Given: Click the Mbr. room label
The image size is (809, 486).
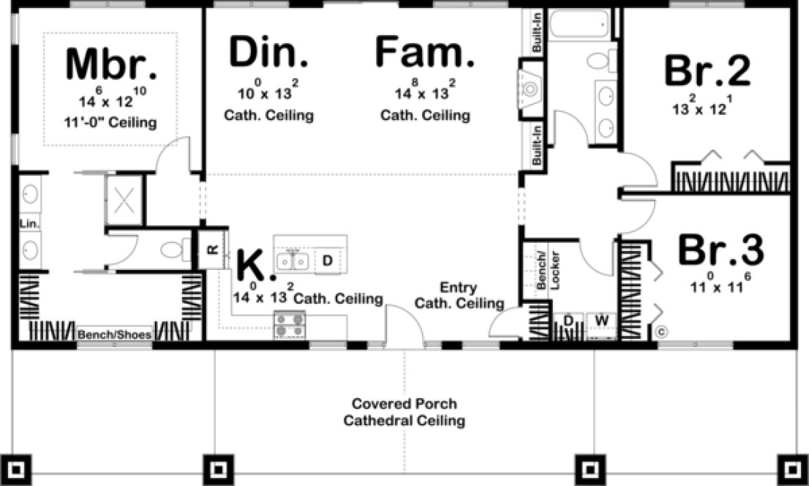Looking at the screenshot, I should click(111, 64).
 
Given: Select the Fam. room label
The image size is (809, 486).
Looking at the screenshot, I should click(424, 53).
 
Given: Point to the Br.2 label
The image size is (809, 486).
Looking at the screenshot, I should click(707, 71).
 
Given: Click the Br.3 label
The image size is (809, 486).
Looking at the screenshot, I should click(720, 250).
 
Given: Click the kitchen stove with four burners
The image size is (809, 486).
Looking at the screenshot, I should click(290, 325).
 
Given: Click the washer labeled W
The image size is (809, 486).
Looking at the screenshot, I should click(601, 320).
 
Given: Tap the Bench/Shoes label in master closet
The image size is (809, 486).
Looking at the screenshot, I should click(114, 335).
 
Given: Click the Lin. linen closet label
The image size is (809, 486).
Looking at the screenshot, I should click(30, 223).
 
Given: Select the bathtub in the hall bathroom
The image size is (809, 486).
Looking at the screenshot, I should click(581, 25).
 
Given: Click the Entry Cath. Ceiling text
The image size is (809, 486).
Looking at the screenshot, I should click(459, 295).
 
